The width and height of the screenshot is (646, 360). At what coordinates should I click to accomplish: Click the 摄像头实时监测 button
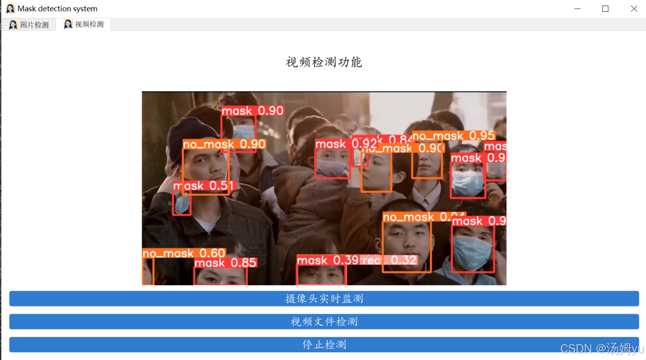324,299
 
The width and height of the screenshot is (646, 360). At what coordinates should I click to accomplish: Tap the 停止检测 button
324,345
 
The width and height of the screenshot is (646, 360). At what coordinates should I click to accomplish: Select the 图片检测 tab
29,24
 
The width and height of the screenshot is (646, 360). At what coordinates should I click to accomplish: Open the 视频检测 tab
84,24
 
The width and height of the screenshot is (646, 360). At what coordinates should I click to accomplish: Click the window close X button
634,9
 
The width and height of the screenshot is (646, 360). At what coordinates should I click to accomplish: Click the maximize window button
605,9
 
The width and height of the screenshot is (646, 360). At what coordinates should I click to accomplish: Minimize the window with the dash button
577,9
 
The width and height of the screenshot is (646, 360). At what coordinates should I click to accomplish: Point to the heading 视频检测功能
324,62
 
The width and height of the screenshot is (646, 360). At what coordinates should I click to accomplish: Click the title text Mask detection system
57,9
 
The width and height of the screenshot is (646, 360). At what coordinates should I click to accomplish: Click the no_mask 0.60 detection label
184,253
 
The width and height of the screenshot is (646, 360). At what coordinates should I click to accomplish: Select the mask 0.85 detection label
225,263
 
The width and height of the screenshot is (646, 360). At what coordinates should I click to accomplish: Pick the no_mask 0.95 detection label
453,136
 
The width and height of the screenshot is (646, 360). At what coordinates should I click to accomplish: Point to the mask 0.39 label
328,261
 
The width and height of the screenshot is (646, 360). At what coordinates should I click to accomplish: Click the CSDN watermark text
602,348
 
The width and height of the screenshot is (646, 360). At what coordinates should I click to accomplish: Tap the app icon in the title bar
10,9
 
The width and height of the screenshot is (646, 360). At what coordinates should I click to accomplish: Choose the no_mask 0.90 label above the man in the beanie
224,145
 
